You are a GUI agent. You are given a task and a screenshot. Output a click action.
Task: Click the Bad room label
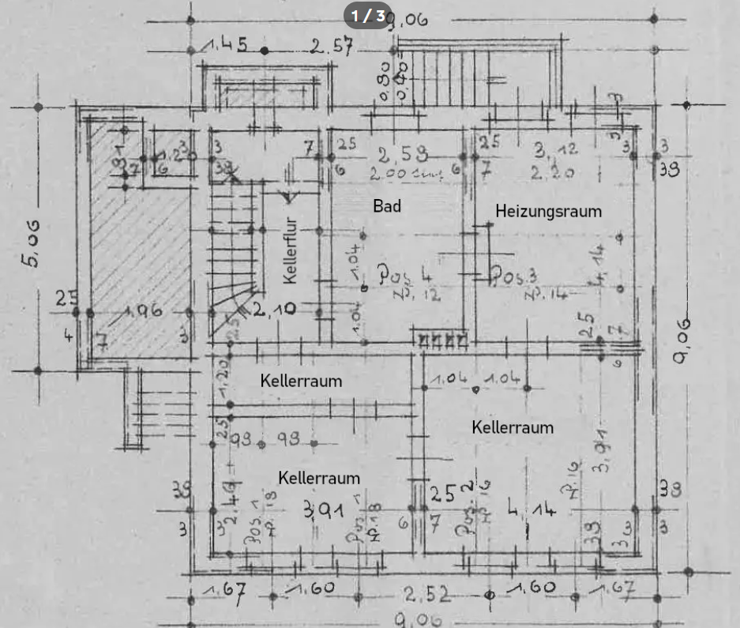point(387,206)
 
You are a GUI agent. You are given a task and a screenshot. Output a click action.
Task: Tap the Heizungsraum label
point(548,211)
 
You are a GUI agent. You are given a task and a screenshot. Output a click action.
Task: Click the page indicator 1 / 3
point(368,15)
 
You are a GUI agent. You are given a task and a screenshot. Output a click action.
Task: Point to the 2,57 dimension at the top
point(331,47)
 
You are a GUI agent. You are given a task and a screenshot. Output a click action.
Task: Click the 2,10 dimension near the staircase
point(273,309)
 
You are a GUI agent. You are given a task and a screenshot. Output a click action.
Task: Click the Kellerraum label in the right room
point(513,427)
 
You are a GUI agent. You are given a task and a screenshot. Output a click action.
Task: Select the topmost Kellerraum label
point(301,381)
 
